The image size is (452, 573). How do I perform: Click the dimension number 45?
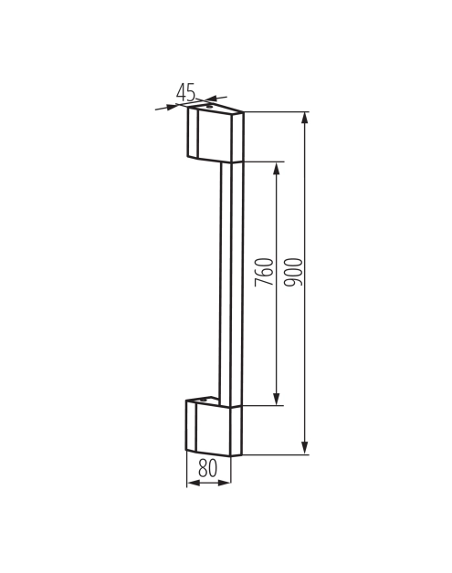[186, 92]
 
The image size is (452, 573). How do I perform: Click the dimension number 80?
[207, 469]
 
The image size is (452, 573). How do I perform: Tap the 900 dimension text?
[293, 273]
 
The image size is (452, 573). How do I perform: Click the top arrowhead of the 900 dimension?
[305, 118]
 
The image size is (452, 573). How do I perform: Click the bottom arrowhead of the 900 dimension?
[305, 448]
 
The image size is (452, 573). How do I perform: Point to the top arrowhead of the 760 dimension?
[275, 169]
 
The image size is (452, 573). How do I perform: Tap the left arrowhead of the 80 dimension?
[191, 483]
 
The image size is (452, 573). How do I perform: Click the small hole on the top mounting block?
[209, 107]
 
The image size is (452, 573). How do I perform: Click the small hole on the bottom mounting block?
[205, 400]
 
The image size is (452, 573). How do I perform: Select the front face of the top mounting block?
[215, 137]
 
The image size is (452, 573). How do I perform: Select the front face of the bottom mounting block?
[214, 429]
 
